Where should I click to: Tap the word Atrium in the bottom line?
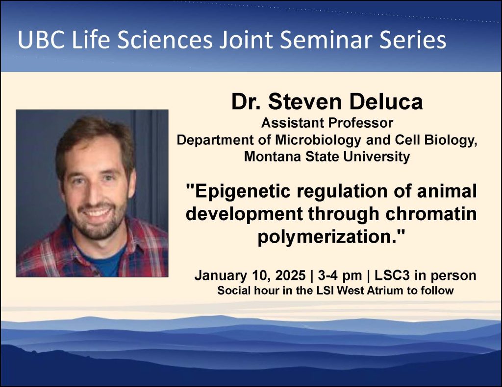tap(388, 290)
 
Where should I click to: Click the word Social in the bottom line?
tap(232, 290)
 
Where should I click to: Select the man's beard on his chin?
tap(98, 230)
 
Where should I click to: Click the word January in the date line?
tap(219, 275)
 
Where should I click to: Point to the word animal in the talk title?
tap(447, 191)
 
